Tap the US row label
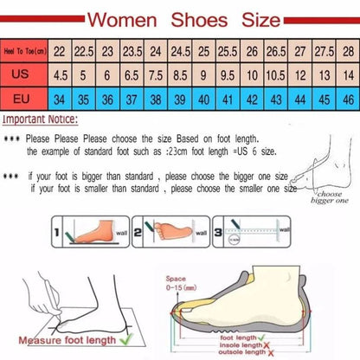tap(22, 75)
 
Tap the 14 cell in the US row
tap(347, 75)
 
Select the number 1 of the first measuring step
tap(59, 233)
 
